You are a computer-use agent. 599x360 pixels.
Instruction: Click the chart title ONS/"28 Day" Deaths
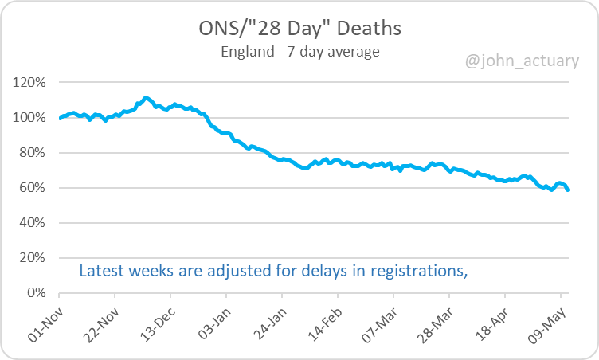point(299,29)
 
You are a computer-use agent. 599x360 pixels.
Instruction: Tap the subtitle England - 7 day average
point(299,53)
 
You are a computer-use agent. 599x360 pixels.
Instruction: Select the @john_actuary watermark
point(523,61)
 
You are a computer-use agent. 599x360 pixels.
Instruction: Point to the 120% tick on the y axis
point(31,82)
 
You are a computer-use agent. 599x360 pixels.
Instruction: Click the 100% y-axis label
point(31,118)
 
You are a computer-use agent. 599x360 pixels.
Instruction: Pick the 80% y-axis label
point(34,153)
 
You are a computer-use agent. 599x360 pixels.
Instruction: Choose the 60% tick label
point(34,188)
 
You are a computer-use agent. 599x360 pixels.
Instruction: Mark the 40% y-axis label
point(34,223)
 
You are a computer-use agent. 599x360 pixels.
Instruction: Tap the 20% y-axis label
point(34,258)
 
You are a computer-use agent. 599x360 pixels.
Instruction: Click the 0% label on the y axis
point(37,293)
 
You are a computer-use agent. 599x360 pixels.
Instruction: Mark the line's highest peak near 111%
point(145,97)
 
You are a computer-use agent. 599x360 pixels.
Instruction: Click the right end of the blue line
point(568,190)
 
